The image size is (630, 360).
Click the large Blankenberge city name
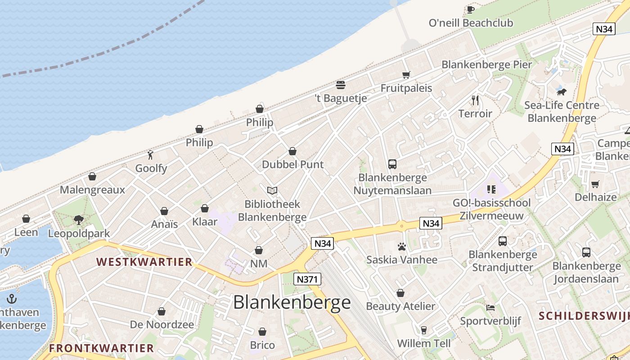tap(292, 302)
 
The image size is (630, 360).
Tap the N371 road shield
tap(308, 279)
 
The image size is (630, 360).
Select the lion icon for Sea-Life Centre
tap(561, 92)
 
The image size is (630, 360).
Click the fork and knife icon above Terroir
tap(475, 100)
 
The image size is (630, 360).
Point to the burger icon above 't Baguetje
tap(341, 85)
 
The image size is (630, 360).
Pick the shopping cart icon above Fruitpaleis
tap(406, 75)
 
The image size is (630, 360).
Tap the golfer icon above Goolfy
tap(151, 155)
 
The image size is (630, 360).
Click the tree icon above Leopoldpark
tap(79, 220)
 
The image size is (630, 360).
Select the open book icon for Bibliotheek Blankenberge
tap(272, 190)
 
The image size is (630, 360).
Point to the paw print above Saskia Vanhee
tap(401, 246)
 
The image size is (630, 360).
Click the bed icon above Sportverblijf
tap(490, 308)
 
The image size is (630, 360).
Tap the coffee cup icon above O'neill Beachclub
tap(471, 9)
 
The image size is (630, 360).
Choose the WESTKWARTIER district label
tap(144, 262)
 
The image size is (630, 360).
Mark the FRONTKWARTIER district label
tap(101, 348)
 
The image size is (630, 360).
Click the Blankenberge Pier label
tap(486, 64)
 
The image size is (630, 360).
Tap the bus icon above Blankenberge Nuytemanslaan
tap(392, 164)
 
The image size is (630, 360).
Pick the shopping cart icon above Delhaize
tap(595, 184)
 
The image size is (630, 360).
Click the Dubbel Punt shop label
tap(292, 164)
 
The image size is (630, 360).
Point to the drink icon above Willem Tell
tap(423, 330)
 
